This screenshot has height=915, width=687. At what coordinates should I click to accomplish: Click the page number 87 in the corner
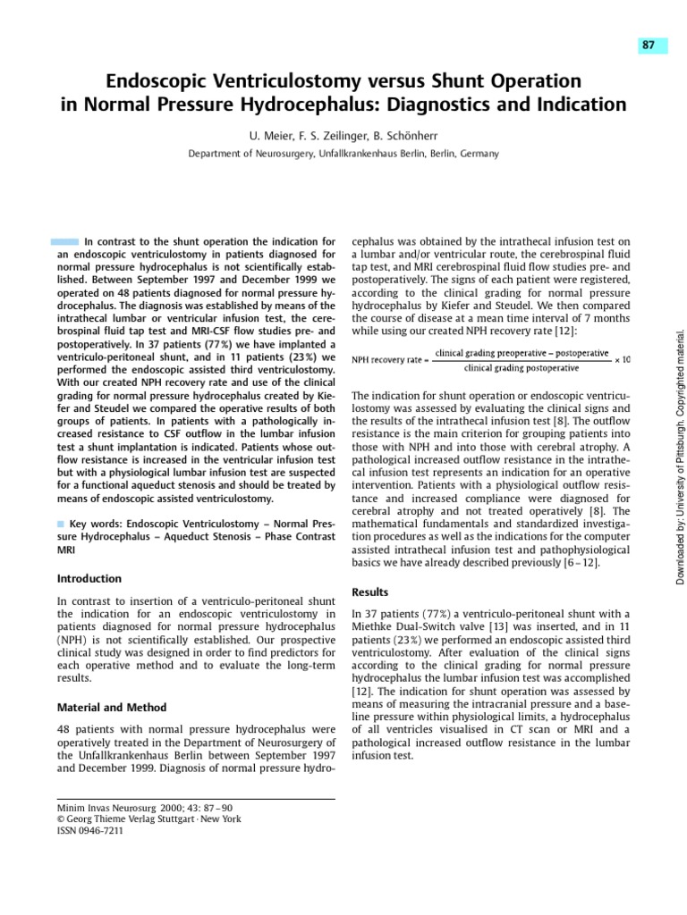click(653, 46)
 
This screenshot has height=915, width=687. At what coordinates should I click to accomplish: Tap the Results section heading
click(370, 592)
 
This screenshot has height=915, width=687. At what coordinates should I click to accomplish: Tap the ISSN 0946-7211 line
click(90, 830)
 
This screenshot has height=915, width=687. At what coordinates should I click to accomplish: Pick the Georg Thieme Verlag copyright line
click(148, 818)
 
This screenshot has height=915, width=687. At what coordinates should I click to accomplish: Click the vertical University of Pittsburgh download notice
click(679, 456)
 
